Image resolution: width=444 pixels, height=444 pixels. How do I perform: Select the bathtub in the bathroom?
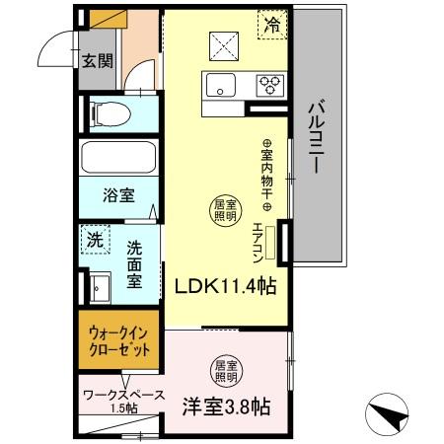[116, 158]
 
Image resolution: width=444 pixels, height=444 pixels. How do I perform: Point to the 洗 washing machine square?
[95, 240]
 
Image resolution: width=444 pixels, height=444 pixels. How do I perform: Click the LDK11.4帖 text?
[225, 285]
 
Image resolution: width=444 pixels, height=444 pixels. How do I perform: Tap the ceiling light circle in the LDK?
[224, 208]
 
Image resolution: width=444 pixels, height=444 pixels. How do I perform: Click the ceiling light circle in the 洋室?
[225, 370]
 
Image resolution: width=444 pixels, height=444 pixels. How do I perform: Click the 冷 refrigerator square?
[269, 26]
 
